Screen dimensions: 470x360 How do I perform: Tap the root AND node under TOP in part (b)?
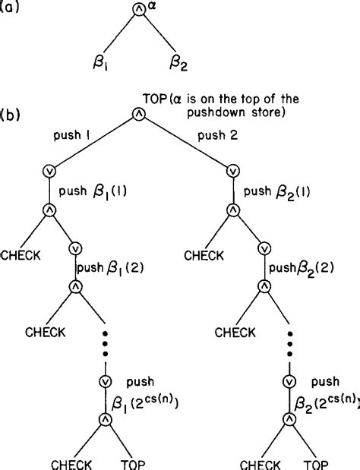(138, 114)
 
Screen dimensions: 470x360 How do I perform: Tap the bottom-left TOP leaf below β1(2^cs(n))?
(134, 462)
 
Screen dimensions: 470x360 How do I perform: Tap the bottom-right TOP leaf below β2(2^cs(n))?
(318, 462)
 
